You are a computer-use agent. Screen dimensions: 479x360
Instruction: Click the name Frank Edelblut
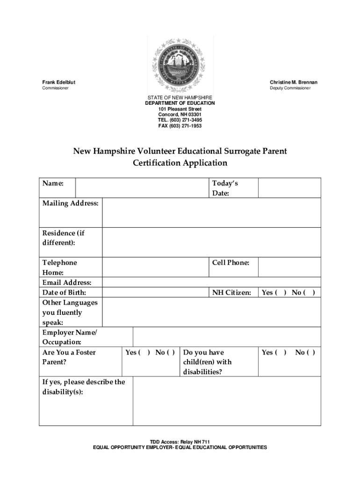pyautogui.click(x=59, y=82)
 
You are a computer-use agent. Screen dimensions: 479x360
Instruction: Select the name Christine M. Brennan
pyautogui.click(x=294, y=82)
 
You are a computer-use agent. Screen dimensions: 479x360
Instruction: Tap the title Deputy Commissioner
pyautogui.click(x=290, y=88)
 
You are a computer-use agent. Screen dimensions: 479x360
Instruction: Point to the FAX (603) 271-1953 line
pyautogui.click(x=180, y=126)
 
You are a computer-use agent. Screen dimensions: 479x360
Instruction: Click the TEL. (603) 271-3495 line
pyautogui.click(x=180, y=120)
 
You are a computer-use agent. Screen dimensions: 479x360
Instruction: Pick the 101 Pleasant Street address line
pyautogui.click(x=180, y=109)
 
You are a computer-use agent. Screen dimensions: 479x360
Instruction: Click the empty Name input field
pyautogui.click(x=142, y=188)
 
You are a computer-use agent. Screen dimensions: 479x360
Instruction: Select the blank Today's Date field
pyautogui.click(x=289, y=188)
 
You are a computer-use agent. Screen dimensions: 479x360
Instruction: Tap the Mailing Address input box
pyautogui.click(x=211, y=212)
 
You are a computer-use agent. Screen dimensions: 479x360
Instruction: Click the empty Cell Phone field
pyautogui.click(x=289, y=267)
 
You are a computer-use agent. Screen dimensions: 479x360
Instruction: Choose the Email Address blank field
pyautogui.click(x=211, y=283)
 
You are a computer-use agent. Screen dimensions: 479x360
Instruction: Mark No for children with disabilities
pyautogui.click(x=310, y=352)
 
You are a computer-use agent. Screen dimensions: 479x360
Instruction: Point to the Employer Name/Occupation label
pyautogui.click(x=70, y=337)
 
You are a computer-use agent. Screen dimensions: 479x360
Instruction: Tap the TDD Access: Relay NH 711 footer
pyautogui.click(x=180, y=442)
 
